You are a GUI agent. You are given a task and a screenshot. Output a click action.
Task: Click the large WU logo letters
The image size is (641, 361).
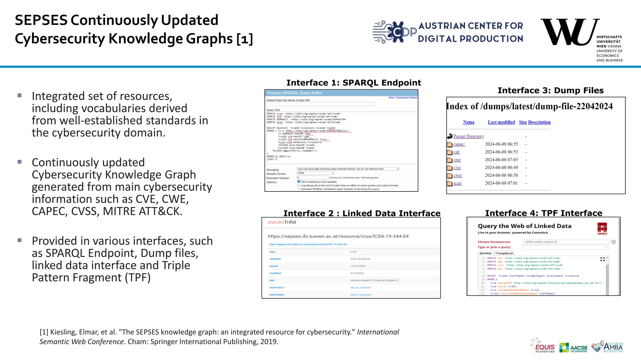pyautogui.click(x=568, y=32)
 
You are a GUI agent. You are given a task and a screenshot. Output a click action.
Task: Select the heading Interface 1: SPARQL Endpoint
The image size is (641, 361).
pyautogui.click(x=354, y=83)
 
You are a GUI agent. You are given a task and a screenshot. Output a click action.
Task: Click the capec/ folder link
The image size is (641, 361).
pyautogui.click(x=459, y=144)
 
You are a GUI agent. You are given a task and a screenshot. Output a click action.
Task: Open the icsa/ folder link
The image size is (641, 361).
pyautogui.click(x=457, y=183)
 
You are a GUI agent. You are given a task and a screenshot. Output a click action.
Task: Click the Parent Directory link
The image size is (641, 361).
pyautogui.click(x=469, y=136)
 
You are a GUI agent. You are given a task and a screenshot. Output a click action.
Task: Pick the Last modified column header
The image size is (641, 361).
pyautogui.click(x=501, y=122)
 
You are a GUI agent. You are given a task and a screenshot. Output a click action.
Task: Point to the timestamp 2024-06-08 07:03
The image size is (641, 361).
pyautogui.click(x=501, y=160)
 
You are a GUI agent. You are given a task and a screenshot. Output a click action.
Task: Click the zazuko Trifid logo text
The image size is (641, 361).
pyautogui.click(x=282, y=222)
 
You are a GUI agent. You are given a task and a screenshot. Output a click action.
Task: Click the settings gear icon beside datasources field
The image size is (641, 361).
pyautogui.click(x=613, y=242)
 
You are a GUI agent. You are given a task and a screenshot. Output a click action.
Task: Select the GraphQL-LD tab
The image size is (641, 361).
pyautogui.click(x=504, y=253)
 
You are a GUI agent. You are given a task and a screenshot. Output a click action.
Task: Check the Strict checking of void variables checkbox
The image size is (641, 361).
pyautogui.click(x=299, y=181)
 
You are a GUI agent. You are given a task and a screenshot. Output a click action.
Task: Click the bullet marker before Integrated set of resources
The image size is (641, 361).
pyautogui.click(x=19, y=95)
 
